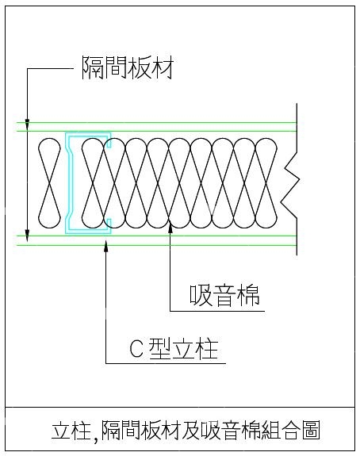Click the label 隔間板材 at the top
tap(128, 67)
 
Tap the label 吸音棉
tap(224, 294)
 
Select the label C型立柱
tap(174, 349)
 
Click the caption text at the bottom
tap(186, 430)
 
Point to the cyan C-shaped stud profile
tap(69, 183)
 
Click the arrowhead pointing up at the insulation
tap(170, 228)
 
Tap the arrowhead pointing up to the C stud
tap(106, 246)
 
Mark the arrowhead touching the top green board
tap(27, 124)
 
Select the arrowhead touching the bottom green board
tap(27, 236)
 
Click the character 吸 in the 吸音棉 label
tap(201, 294)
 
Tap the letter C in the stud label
tap(136, 349)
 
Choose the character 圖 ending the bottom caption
tap(311, 430)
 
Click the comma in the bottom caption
tap(96, 436)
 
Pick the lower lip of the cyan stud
tap(109, 225)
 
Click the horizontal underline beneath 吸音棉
tap(217, 311)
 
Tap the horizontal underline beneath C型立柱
tap(166, 363)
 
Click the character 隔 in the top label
tap(93, 67)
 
